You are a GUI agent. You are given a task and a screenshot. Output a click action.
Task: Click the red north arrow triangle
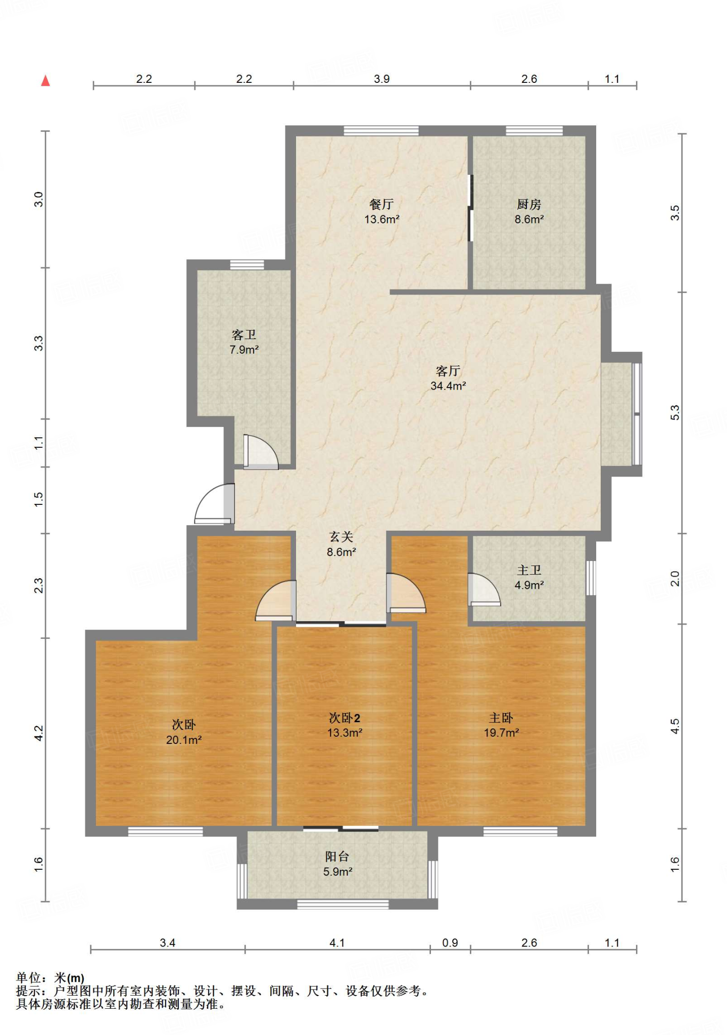(x=45, y=80)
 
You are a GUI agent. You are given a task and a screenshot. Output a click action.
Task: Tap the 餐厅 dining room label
(x=381, y=204)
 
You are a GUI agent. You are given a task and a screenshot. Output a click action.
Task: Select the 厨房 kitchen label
(x=529, y=204)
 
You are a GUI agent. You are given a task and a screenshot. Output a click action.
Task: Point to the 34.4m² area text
(x=448, y=386)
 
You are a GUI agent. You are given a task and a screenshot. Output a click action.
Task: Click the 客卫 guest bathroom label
(x=244, y=335)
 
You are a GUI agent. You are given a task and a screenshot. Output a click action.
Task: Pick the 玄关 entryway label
(x=341, y=537)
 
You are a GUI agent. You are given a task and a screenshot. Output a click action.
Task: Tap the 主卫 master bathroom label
(x=529, y=570)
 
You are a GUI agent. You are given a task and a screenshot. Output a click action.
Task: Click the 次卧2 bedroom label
(x=344, y=718)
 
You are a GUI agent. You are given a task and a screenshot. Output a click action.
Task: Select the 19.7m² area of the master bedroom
(x=501, y=733)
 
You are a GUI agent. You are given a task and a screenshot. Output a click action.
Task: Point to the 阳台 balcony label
(x=337, y=856)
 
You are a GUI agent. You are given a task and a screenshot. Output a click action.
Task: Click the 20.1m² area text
(x=184, y=740)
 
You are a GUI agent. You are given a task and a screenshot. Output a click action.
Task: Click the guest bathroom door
(x=261, y=452)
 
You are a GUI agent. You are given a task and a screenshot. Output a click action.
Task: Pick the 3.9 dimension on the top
(x=381, y=79)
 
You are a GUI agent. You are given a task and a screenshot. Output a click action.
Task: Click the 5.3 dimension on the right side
(x=675, y=412)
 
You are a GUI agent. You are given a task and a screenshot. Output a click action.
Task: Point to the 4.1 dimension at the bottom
(x=337, y=943)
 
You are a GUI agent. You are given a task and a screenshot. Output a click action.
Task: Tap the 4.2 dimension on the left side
(x=38, y=733)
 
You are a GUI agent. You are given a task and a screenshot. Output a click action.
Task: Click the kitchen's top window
(x=534, y=131)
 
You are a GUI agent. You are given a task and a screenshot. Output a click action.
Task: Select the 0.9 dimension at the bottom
(x=450, y=943)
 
